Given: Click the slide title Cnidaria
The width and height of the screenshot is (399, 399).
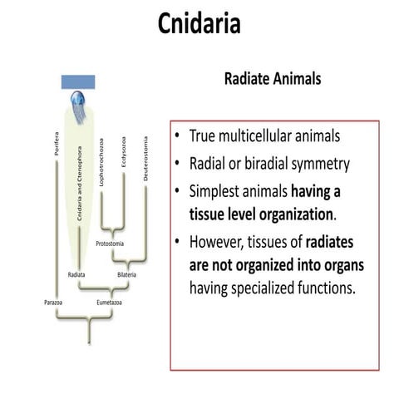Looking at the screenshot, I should (x=199, y=24).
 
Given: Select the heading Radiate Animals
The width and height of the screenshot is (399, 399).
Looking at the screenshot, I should (x=273, y=79).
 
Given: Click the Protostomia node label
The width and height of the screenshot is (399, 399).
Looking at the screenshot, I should (x=111, y=244).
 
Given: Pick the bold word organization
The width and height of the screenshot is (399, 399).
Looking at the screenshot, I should (x=290, y=215).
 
